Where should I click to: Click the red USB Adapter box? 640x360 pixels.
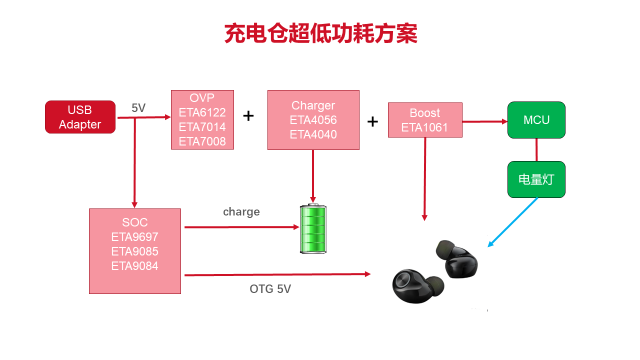click(80, 117)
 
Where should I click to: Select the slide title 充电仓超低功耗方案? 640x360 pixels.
click(320, 34)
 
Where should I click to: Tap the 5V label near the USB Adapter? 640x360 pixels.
click(138, 108)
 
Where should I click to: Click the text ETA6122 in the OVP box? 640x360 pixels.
click(202, 112)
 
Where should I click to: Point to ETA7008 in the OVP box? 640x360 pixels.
click(202, 141)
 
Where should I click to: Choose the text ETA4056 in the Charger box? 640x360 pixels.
click(313, 120)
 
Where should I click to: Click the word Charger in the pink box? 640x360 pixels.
click(313, 105)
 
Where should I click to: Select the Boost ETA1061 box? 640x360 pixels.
click(425, 120)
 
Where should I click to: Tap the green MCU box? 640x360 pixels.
click(536, 120)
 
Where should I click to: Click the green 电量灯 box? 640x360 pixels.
click(536, 179)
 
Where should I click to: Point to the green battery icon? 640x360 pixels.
click(313, 228)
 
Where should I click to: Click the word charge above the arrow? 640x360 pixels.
click(241, 211)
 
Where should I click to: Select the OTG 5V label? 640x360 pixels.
click(270, 289)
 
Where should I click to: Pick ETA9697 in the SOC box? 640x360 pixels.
click(134, 237)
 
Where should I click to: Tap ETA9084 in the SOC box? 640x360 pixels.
click(134, 266)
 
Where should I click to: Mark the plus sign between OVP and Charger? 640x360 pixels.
click(248, 116)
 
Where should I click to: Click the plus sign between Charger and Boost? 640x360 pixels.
click(372, 121)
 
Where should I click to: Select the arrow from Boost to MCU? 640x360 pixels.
click(484, 121)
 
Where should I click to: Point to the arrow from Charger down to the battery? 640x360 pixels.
click(313, 175)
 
